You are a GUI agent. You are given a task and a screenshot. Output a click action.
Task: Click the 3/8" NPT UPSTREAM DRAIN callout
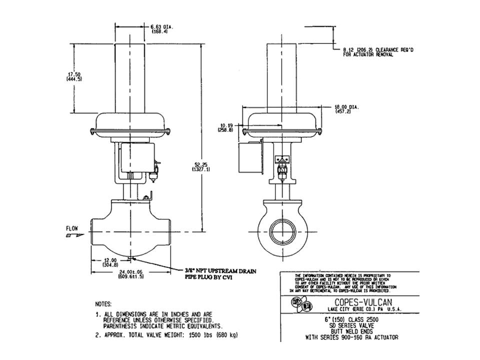pos(220,271)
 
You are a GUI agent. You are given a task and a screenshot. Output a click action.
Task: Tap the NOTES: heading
pos(103,303)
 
